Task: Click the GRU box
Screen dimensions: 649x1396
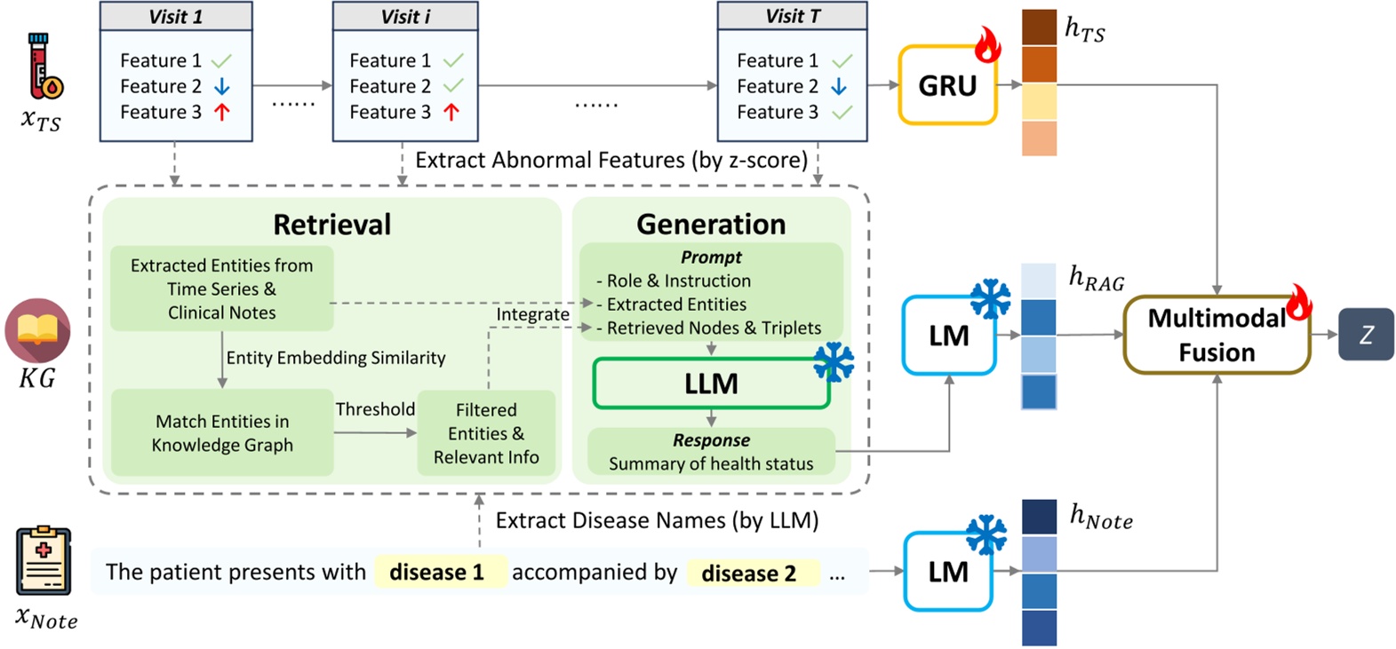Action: [x=946, y=86]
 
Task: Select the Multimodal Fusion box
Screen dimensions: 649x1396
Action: [x=1216, y=336]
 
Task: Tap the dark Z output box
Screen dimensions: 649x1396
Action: [x=1366, y=335]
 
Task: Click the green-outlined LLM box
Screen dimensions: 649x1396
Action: [x=711, y=384]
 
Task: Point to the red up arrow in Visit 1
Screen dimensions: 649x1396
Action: [x=222, y=112]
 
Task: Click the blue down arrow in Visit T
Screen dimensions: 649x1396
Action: [x=839, y=86]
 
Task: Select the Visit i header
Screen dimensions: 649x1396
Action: [x=405, y=16]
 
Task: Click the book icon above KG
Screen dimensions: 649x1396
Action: [x=37, y=330]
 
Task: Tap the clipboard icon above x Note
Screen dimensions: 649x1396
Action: [x=44, y=561]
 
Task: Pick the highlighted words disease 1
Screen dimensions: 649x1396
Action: [x=437, y=572]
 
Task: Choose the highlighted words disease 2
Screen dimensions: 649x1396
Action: [x=748, y=574]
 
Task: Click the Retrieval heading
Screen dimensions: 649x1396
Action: [x=331, y=225]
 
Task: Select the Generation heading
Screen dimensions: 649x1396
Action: [x=711, y=225]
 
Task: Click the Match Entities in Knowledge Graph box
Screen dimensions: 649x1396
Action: [x=222, y=433]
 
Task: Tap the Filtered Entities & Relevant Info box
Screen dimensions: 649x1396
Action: [x=486, y=433]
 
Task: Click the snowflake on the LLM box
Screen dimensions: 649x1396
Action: [x=833, y=361]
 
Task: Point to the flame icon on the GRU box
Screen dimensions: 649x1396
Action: [x=987, y=45]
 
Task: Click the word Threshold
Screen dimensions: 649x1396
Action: [x=375, y=409]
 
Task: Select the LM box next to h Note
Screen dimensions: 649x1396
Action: [x=947, y=572]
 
